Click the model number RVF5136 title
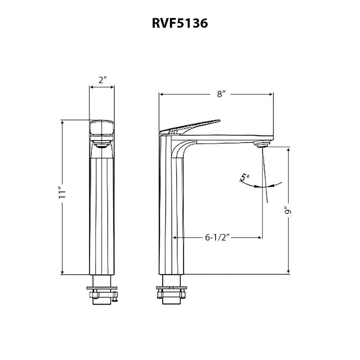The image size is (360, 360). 180,23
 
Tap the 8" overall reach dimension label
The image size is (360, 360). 221,94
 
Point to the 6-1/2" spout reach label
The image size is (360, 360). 217,237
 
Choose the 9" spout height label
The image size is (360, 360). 288,211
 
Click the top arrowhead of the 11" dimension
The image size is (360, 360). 63,122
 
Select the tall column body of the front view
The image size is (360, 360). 102,216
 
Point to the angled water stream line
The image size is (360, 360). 266,176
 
